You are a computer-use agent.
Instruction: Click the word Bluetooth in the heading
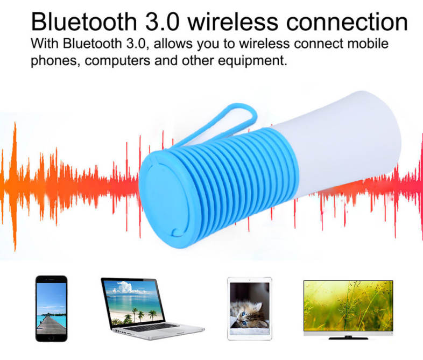pos(84,22)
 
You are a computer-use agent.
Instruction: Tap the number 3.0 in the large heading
pos(163,22)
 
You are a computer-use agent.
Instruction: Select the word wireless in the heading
pos(233,22)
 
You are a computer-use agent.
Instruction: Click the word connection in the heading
pos(347,22)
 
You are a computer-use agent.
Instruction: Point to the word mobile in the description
pos(368,44)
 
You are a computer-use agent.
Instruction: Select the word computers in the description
pos(117,61)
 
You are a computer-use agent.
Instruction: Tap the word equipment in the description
pos(252,61)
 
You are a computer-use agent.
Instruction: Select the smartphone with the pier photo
pos(51,308)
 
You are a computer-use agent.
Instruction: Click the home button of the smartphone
pos(51,338)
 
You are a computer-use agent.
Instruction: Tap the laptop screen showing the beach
pos(133,302)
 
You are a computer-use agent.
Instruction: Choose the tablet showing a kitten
pos(250,309)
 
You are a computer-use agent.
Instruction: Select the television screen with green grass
pos(348,306)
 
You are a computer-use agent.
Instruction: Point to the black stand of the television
pos(348,337)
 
